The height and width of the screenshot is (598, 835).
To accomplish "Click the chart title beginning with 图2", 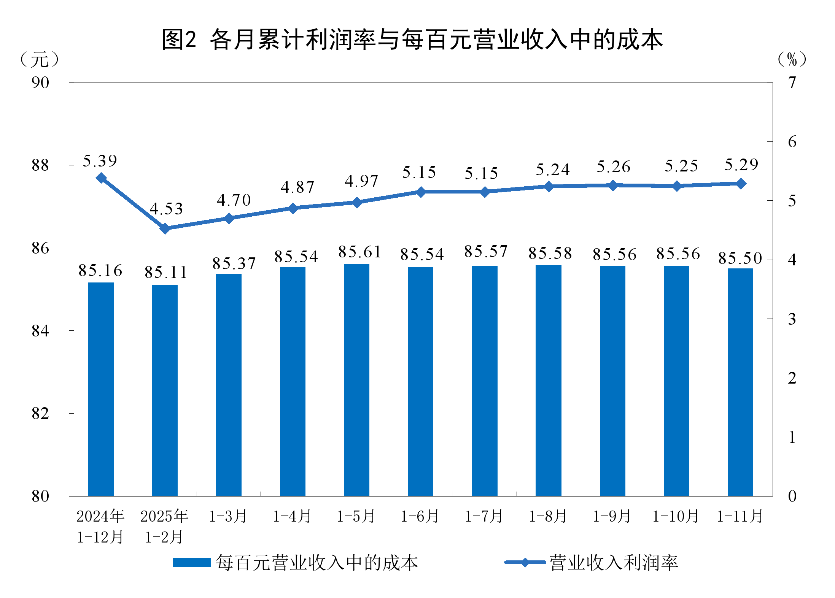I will point(412,40).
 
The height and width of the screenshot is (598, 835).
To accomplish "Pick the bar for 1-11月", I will point(740,382).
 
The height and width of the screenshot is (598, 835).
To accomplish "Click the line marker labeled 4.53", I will point(165,228).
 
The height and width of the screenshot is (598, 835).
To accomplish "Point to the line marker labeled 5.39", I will point(101,178).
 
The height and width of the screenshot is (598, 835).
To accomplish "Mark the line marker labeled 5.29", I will point(741,184).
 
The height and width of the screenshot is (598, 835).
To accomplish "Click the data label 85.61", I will point(359,252).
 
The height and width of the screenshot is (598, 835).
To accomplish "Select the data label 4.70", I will point(234,200).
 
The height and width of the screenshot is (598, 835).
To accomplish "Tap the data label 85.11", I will point(166,273).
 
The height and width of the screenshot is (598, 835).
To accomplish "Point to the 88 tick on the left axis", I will point(40,165).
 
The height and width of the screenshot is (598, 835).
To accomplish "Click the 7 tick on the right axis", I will point(792,82).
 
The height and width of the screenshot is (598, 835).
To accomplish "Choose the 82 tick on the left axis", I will point(40,413).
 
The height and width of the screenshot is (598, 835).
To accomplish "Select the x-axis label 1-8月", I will point(548,516).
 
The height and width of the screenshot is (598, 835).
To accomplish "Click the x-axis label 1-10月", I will point(676,516).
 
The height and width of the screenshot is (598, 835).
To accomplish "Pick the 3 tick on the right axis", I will point(792,319).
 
